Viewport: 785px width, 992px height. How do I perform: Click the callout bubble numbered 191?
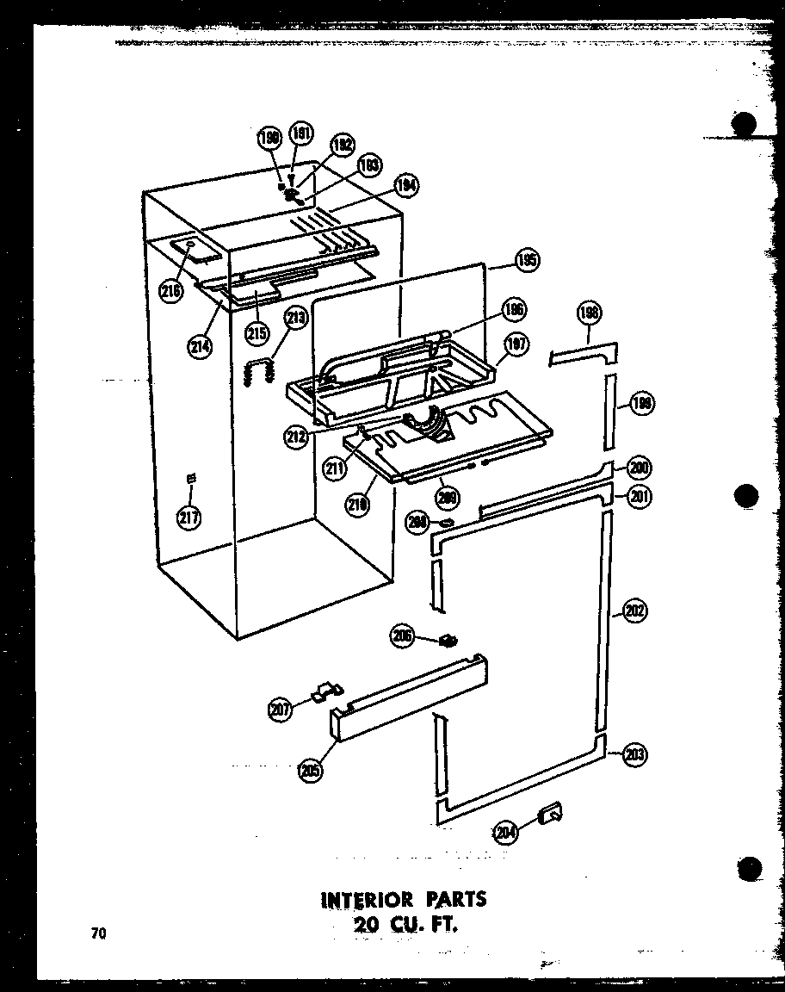coord(302,134)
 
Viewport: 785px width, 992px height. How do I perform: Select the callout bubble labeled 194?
coord(406,183)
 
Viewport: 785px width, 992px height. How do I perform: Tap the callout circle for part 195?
coord(527,260)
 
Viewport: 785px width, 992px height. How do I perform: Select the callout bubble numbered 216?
coord(171,292)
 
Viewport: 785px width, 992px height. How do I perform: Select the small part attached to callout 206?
coord(448,640)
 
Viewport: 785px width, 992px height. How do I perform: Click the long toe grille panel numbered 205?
coord(409,697)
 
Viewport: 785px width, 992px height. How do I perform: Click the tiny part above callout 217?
coord(191,479)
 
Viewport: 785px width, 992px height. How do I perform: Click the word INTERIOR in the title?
coord(366,900)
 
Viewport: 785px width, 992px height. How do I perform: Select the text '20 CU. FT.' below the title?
coord(403,927)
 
